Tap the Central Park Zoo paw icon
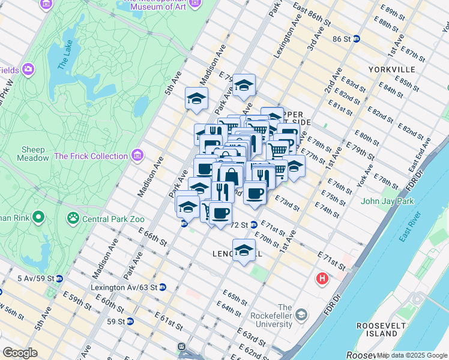(x=74, y=217)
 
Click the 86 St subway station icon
(x=356, y=38)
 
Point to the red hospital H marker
(x=322, y=279)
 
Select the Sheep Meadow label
(x=33, y=154)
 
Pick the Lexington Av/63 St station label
(x=123, y=287)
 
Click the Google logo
(x=21, y=353)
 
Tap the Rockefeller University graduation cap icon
(x=301, y=315)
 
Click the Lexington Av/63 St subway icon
(x=162, y=287)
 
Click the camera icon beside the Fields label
(x=28, y=70)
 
